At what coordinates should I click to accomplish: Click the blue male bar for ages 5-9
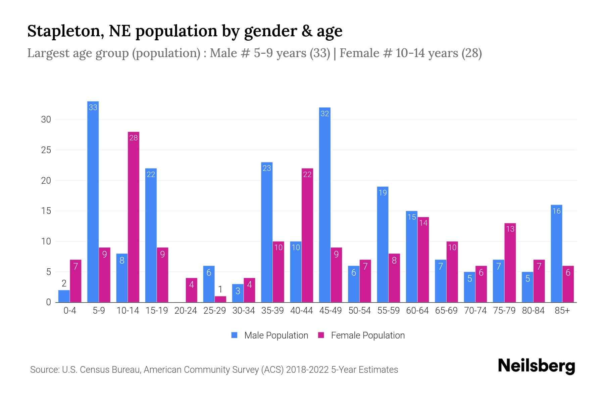coord(93,201)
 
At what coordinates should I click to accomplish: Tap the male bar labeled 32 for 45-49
coord(324,205)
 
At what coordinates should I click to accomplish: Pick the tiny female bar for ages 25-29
coord(220,299)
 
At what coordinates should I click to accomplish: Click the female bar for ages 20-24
coord(191,290)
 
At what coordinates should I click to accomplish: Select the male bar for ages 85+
coord(556,254)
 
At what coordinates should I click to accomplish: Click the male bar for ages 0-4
coord(64,296)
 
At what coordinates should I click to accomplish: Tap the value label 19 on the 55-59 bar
coord(383,193)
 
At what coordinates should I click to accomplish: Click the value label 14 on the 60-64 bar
coord(423,223)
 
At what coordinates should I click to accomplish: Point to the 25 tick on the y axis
coord(46,150)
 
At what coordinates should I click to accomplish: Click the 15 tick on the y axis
coord(46,211)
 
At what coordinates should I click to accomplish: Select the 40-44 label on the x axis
coord(301,311)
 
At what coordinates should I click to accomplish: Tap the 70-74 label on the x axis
coord(475,311)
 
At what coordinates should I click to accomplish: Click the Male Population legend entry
coord(270,335)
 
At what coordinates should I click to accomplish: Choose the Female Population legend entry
coord(361,335)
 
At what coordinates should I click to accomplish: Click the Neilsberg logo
coord(536,366)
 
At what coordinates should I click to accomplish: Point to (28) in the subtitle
coord(471,53)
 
